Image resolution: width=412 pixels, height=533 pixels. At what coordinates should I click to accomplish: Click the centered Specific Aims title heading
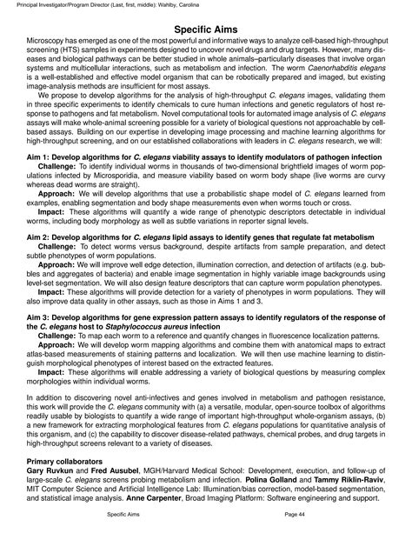[206, 30]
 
